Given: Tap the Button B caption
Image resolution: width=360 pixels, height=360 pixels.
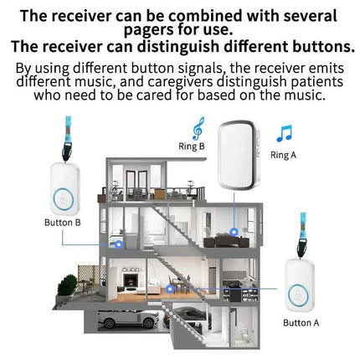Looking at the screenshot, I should click(x=62, y=222).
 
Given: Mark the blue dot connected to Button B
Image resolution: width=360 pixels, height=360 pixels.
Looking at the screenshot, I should click(x=120, y=246).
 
